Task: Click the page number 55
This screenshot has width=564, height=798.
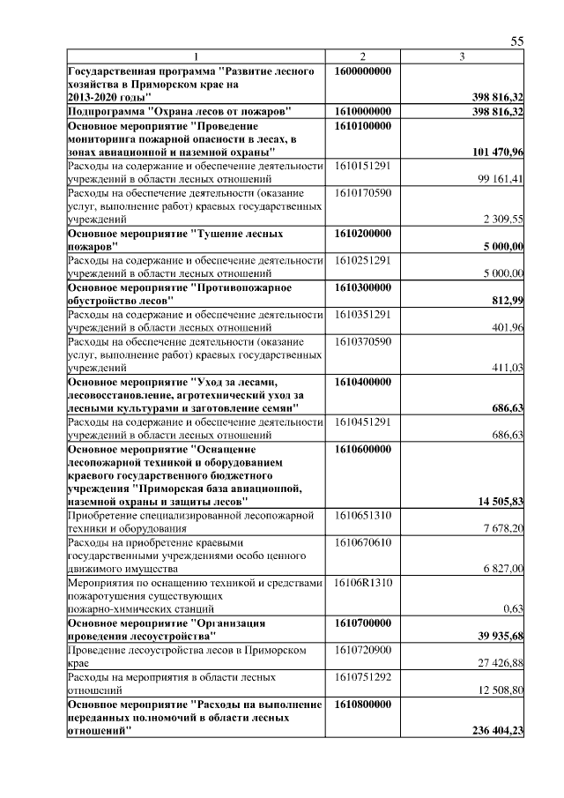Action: [x=517, y=41]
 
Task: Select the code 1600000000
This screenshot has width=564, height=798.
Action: [x=364, y=70]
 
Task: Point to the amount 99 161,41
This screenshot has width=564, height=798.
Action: [x=501, y=179]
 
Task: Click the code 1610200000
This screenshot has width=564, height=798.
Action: [x=364, y=233]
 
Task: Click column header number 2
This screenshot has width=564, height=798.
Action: [x=363, y=56]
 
